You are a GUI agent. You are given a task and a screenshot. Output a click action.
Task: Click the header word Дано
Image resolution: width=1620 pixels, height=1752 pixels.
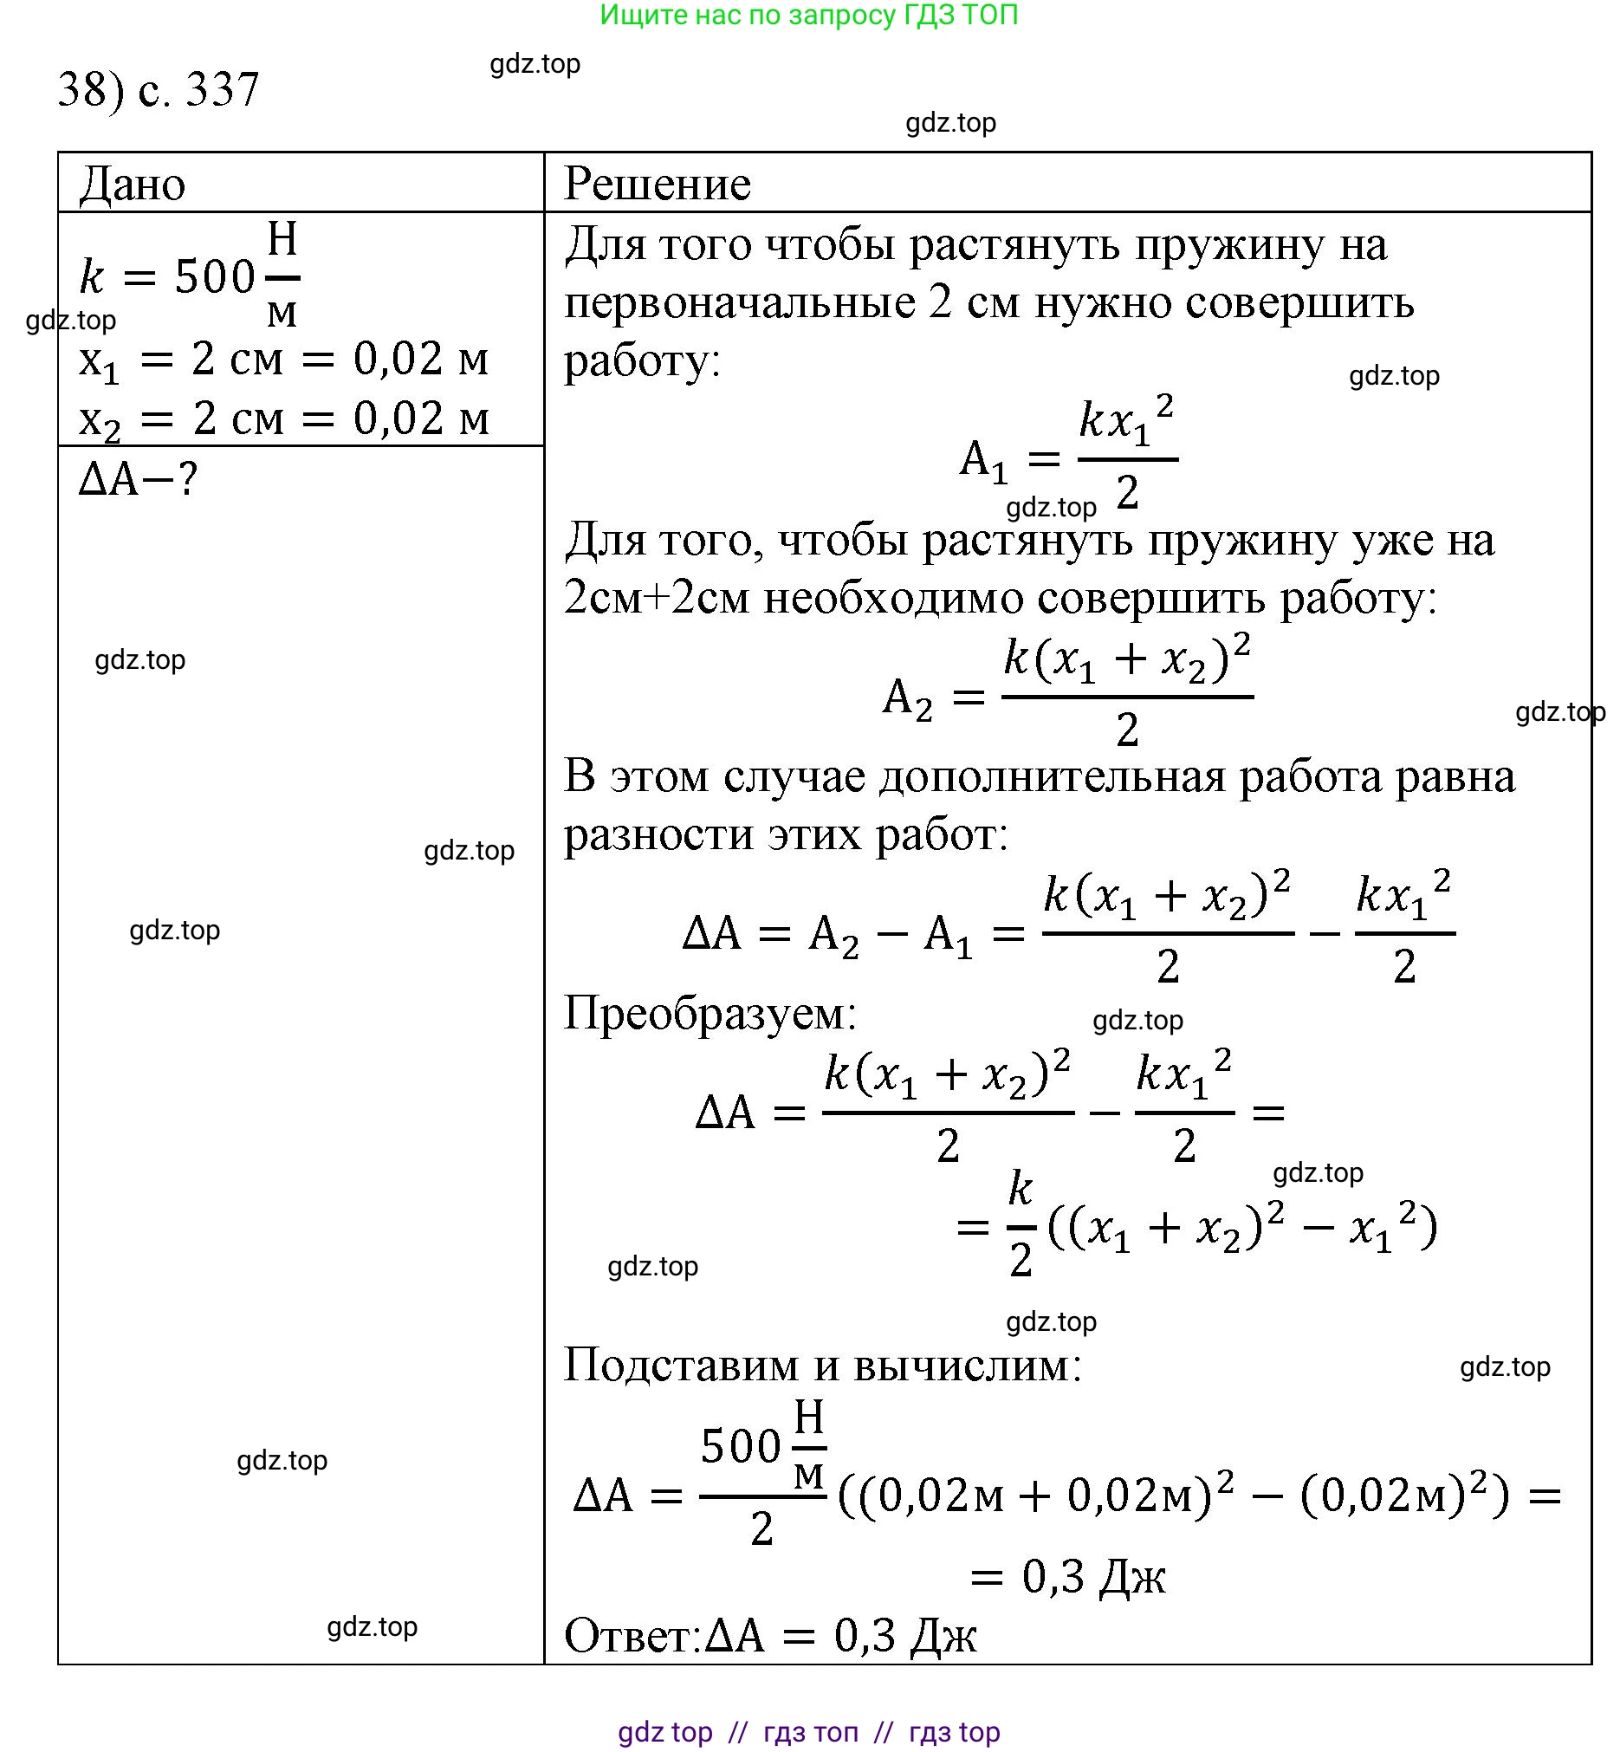point(133,185)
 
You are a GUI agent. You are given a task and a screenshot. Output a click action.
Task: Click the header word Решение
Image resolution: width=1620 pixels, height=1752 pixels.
point(657,185)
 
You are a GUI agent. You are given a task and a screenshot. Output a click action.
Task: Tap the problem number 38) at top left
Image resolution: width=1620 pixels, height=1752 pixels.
point(91,89)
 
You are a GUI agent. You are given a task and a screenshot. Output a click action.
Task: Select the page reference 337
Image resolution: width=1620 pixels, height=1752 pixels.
point(223,89)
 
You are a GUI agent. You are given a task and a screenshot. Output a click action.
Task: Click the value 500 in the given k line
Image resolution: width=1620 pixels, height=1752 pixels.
point(215,277)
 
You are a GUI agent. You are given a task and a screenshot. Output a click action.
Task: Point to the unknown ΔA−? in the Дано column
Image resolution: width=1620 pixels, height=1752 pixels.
point(139,480)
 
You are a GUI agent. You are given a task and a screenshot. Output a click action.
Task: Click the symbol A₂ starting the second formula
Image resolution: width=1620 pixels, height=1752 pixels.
point(906,698)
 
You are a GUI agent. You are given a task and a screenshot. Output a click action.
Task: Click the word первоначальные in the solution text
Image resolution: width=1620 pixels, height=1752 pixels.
point(739,303)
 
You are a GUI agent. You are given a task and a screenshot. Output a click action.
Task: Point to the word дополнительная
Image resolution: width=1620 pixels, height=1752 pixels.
point(1051,777)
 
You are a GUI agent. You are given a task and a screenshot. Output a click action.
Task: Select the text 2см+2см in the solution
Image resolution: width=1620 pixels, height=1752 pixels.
point(657,599)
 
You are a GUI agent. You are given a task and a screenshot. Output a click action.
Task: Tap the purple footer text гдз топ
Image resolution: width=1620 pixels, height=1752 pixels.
point(811,1732)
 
